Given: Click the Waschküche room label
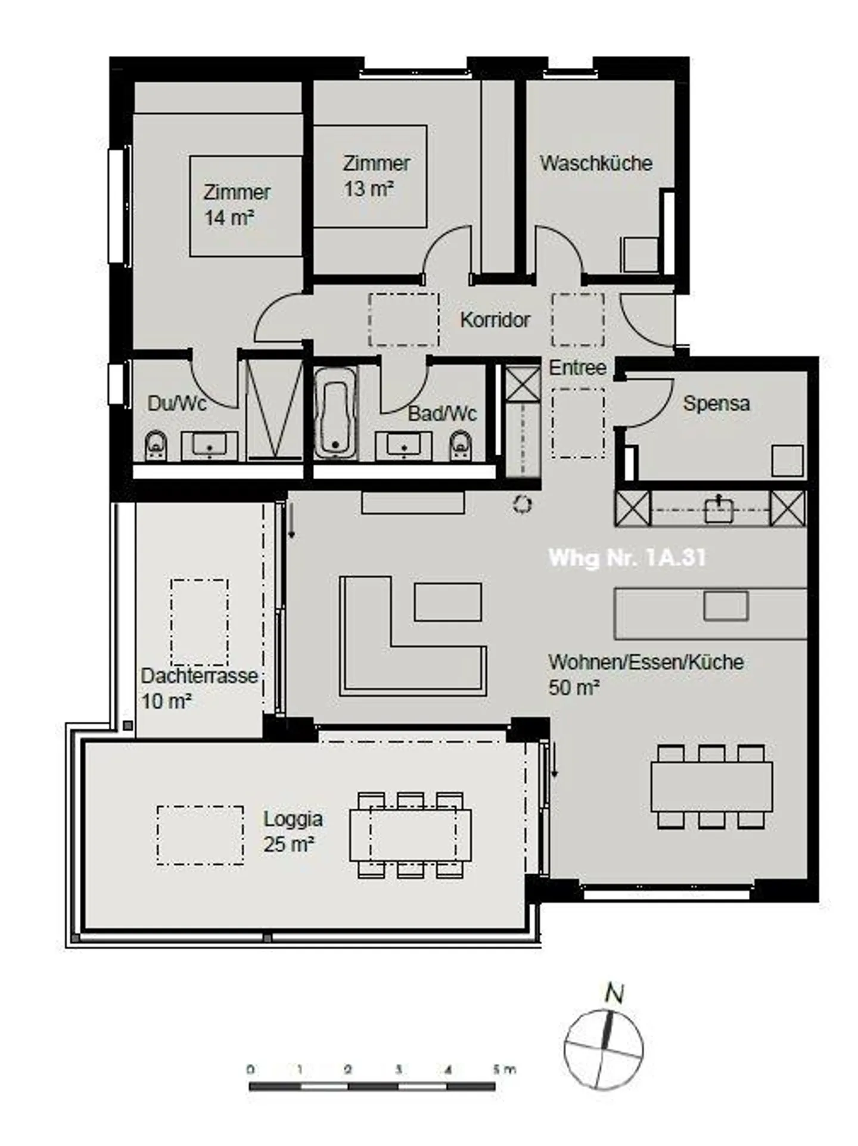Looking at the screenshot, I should (595, 163).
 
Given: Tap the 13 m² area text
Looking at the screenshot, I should (368, 189).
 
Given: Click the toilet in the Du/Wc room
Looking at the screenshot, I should (156, 445).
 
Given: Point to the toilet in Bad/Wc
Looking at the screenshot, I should (461, 444).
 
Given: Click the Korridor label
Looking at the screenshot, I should (495, 320).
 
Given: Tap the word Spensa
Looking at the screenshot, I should (716, 403).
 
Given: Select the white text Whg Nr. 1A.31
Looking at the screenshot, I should (627, 558).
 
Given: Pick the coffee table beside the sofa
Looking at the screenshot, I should (447, 602).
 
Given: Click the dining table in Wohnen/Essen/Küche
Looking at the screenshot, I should (711, 787).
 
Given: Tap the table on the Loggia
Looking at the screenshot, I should (410, 834).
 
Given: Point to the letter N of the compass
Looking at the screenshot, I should (614, 993).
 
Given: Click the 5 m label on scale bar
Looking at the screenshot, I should (503, 1070).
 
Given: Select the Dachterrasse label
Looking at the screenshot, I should (199, 676).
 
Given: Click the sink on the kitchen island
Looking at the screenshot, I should (725, 606).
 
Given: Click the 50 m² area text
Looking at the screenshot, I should (573, 688).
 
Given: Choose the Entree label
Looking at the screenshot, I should (577, 368).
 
